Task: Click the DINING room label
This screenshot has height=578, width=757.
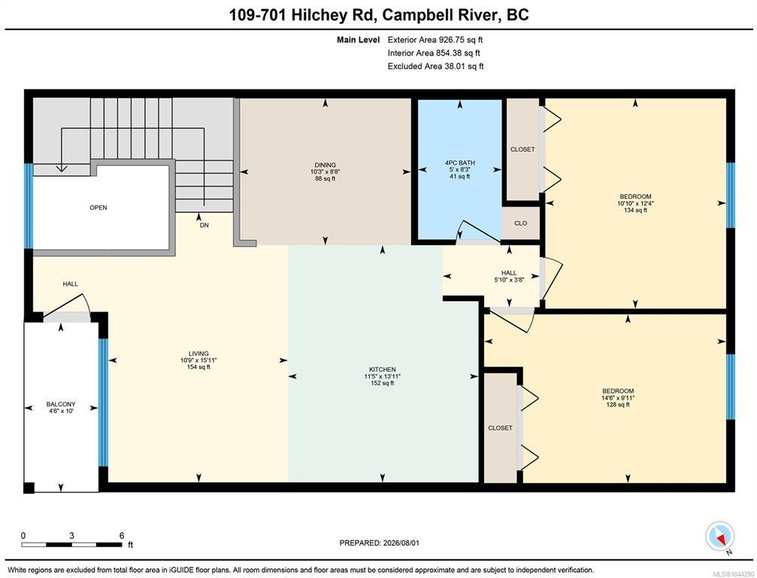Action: point(325,165)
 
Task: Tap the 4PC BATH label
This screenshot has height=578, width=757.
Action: point(459,163)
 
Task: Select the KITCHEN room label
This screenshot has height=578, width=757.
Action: point(383,370)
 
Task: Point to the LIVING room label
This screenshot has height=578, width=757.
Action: point(198,354)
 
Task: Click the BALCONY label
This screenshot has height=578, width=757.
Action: point(61,404)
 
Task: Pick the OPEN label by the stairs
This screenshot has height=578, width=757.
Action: point(98,208)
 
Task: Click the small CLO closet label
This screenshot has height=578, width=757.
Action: point(520,224)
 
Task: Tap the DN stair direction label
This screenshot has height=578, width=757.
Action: point(204,225)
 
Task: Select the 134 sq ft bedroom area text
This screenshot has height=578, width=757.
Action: point(635,210)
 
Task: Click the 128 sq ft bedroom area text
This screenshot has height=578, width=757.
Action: point(618,404)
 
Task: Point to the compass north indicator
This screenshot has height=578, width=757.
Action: point(720,537)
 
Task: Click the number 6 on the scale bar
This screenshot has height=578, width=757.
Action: point(122,535)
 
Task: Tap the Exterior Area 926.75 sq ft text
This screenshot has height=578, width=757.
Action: point(435,40)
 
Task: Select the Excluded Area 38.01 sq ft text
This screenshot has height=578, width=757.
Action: point(435,66)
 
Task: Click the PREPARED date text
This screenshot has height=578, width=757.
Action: point(380,543)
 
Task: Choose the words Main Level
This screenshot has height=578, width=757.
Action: point(359,40)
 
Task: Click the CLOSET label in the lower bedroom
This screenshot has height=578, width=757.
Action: point(500,428)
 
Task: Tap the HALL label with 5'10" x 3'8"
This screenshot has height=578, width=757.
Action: point(509,273)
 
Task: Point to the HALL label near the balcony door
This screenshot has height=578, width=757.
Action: point(70,284)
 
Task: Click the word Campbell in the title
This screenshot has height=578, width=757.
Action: point(439,15)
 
